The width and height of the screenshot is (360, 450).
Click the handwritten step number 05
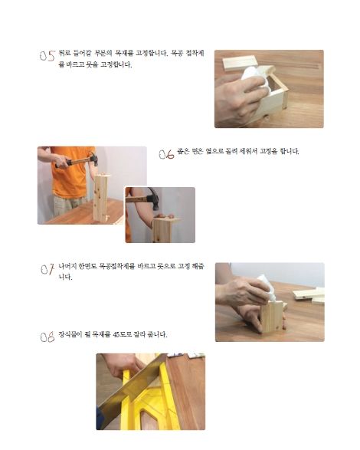tap(47, 56)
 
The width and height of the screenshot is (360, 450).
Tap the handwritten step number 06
tap(167, 154)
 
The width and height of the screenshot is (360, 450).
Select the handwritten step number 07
tap(47, 269)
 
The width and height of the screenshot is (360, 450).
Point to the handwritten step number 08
tap(47, 337)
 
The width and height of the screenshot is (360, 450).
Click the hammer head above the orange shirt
tap(93, 159)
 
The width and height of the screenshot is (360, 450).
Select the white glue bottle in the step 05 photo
tap(255, 78)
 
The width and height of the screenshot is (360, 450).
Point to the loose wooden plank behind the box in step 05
tap(240, 63)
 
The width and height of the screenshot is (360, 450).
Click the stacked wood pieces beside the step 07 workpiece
tap(309, 296)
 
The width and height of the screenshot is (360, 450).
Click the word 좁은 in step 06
tap(182, 151)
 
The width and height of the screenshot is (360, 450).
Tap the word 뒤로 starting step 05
tap(64, 53)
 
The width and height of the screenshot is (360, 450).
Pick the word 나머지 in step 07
tap(67, 266)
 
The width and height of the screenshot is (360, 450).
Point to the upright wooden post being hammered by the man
tap(100, 198)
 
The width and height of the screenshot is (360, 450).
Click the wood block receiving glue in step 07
tap(272, 317)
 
